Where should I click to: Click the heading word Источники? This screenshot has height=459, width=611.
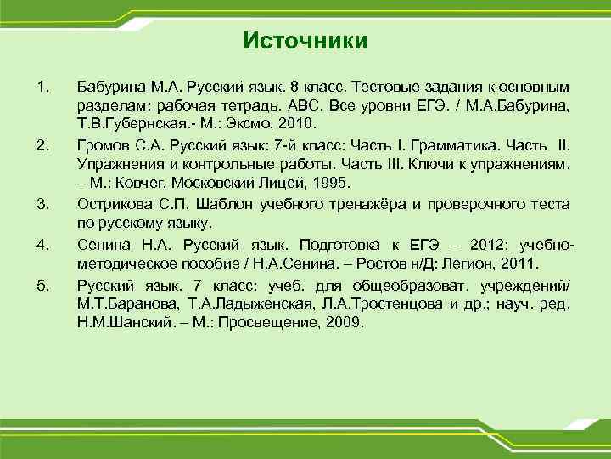305,41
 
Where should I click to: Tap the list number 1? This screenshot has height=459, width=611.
43,88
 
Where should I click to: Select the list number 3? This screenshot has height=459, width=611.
43,202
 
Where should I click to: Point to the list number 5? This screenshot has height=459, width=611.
43,283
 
